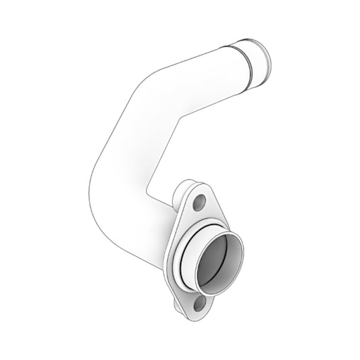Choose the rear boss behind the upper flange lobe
[185, 185]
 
